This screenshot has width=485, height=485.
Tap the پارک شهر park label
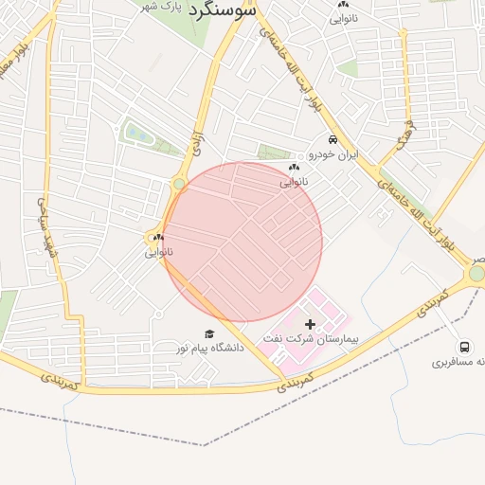pos(160,8)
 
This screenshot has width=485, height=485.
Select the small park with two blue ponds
pos(138,134)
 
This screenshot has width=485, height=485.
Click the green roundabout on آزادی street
pos(179,184)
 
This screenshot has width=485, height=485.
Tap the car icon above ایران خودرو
pos(332,140)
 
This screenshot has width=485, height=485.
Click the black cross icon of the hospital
pos(310,324)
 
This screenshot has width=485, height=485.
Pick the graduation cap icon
pos(208,333)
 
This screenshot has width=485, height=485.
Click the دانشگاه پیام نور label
pos(207,348)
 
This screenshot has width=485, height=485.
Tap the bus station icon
pos(464,348)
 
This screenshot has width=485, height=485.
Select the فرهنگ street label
pos(406,132)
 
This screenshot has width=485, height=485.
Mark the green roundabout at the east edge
pos(476,274)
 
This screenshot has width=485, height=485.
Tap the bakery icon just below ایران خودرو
pos(293,168)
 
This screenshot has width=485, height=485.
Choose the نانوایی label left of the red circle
pos(158,252)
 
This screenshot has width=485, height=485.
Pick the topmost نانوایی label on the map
pos(342,17)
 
